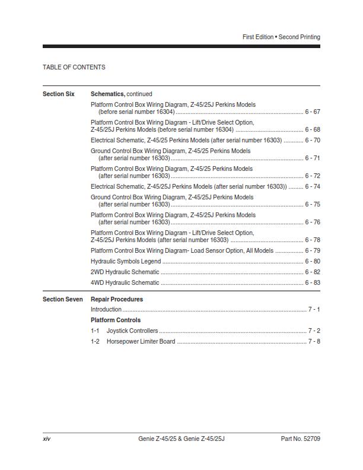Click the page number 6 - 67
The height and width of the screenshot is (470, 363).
click(x=313, y=112)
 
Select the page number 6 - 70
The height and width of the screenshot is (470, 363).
click(x=313, y=140)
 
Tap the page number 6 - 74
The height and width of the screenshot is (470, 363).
click(x=313, y=186)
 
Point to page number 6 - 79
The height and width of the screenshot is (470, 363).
click(x=313, y=250)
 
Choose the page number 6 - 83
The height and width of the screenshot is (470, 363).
click(x=313, y=282)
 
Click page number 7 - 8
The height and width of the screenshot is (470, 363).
click(x=314, y=341)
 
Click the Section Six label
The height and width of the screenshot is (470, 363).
click(x=59, y=94)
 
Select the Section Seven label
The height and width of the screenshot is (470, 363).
click(x=63, y=299)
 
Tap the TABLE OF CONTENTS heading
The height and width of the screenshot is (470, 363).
click(x=74, y=67)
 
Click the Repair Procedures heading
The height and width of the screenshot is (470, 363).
click(x=117, y=299)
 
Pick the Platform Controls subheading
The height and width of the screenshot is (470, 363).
click(x=116, y=320)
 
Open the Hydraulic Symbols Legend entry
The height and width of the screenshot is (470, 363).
click(x=126, y=261)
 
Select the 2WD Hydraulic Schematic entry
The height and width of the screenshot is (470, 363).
click(x=125, y=272)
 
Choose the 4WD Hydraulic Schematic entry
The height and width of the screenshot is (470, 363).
click(x=125, y=282)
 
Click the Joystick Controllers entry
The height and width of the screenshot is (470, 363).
click(x=132, y=331)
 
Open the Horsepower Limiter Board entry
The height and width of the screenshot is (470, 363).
click(x=141, y=341)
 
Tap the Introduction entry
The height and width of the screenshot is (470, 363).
click(x=106, y=309)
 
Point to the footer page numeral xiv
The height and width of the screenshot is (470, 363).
click(x=46, y=439)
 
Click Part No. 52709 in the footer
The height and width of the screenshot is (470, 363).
click(x=300, y=439)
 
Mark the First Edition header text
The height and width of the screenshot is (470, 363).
click(x=257, y=37)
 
